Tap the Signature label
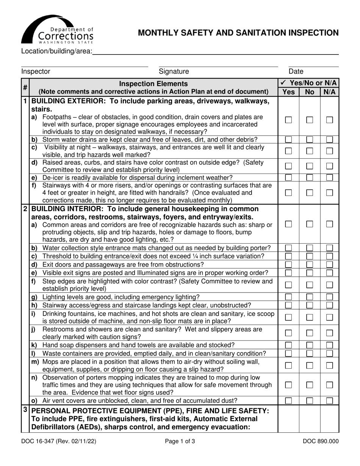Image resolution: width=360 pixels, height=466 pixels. [x=174, y=71]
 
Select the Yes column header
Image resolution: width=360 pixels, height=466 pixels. [x=288, y=92]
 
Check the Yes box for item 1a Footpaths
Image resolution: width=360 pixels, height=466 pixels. [x=288, y=120]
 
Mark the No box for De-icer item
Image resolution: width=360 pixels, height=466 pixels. [x=309, y=177]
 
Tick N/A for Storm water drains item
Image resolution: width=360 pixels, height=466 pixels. [x=329, y=139]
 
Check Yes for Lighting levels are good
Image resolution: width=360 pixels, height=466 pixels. [x=288, y=297]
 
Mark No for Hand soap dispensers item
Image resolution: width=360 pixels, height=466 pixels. [x=309, y=345]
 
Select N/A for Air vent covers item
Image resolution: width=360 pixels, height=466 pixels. [x=329, y=400]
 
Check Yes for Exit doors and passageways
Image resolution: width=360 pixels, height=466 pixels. [x=288, y=264]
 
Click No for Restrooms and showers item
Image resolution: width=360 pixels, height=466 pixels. [x=309, y=333]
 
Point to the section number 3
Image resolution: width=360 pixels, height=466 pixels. [x=25, y=410]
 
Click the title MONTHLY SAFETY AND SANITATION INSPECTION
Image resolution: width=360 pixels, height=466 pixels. [x=238, y=33]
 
